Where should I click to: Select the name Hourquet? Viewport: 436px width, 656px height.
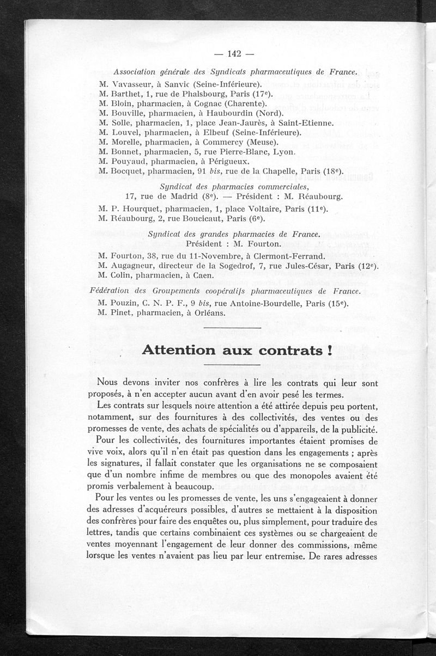[x=139, y=209]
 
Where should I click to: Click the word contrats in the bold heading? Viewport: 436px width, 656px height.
[x=290, y=351]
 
